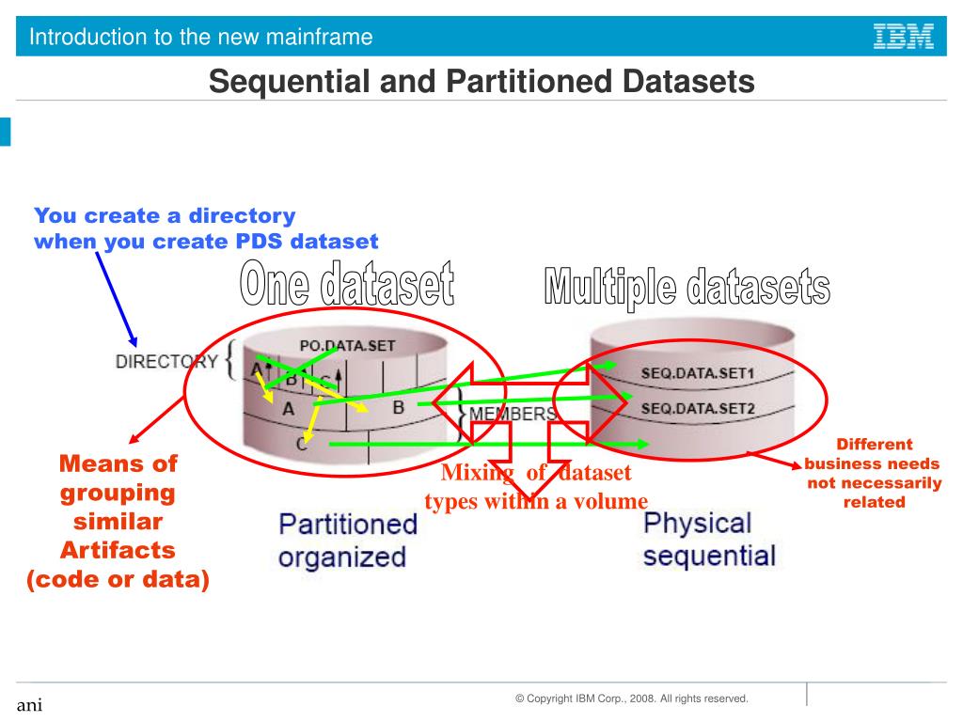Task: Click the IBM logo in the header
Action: [x=904, y=37]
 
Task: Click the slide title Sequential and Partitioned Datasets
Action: [x=481, y=82]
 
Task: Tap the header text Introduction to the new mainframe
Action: [x=200, y=38]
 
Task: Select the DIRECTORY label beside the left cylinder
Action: [x=166, y=361]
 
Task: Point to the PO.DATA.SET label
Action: [x=347, y=345]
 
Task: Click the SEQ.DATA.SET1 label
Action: [x=697, y=373]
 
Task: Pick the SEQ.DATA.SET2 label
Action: [x=697, y=408]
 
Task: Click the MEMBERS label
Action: [x=513, y=414]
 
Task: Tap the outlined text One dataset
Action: [x=347, y=286]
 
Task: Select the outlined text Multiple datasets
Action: [x=687, y=287]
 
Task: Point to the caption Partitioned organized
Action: [x=346, y=540]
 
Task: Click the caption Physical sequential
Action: [x=709, y=539]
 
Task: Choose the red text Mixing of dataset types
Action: [x=536, y=487]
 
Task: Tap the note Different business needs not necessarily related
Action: [x=874, y=473]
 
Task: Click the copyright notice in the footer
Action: [x=631, y=698]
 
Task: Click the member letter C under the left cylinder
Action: [x=300, y=445]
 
